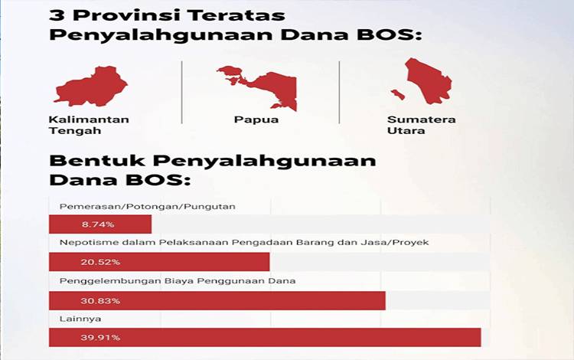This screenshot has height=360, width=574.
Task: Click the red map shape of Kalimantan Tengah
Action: pyautogui.click(x=92, y=87)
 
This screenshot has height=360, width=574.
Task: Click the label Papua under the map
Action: pyautogui.click(x=256, y=119)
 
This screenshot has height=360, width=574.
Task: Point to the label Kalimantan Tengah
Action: pyautogui.click(x=89, y=125)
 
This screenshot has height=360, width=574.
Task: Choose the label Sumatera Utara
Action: pyautogui.click(x=422, y=125)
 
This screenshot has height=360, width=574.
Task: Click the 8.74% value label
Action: pyautogui.click(x=98, y=224)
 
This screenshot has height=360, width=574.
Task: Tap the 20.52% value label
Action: pyautogui.click(x=100, y=262)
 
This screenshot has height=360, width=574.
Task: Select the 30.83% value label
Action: pyautogui.click(x=100, y=301)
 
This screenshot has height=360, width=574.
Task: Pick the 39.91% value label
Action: pyautogui.click(x=100, y=337)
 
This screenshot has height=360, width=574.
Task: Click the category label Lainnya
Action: pyautogui.click(x=80, y=319)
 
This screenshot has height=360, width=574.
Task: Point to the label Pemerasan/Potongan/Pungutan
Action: pyautogui.click(x=147, y=207)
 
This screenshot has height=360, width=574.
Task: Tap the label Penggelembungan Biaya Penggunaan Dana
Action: pyautogui.click(x=178, y=281)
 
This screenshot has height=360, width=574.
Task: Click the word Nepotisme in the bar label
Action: pyautogui.click(x=83, y=243)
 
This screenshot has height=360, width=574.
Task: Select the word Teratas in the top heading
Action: pyautogui.click(x=236, y=15)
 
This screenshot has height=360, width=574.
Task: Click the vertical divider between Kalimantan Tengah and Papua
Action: pyautogui.click(x=182, y=92)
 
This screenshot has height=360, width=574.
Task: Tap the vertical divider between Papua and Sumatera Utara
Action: pyautogui.click(x=339, y=92)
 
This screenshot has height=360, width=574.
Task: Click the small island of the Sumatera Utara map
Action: pyautogui.click(x=398, y=94)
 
